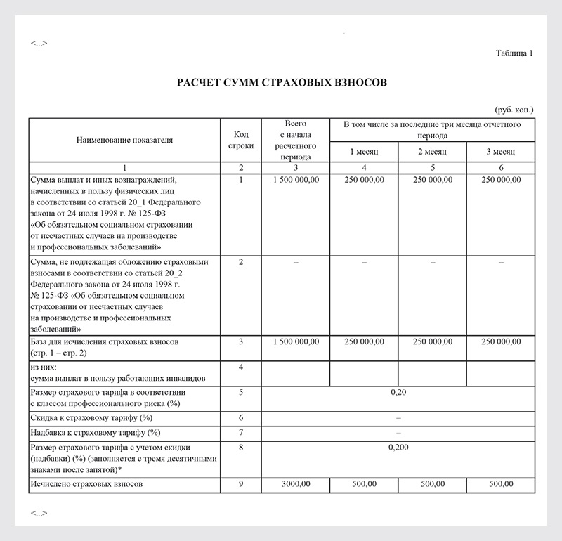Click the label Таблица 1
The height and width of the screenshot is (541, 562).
pos(514,53)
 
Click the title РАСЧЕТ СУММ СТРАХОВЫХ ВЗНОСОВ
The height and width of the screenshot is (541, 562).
pos(282,83)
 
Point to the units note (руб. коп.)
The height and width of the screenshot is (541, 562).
pos(514,110)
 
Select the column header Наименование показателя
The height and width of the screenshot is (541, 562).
pos(124,140)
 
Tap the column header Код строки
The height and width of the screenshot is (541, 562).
pos(241,140)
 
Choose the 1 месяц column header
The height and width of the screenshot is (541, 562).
pos(364,152)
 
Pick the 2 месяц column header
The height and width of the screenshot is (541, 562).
pos(432,152)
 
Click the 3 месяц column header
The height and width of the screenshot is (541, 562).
pos(501,152)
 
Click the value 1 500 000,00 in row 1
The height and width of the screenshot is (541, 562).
pos(295,181)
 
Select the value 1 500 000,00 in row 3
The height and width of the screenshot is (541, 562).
pos(295,341)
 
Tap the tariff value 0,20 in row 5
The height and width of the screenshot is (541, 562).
pos(398,392)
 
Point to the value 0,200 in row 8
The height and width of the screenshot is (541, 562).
pos(398,447)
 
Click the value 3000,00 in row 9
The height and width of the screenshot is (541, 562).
pos(295,485)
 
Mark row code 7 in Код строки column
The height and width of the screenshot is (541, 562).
pos(241,431)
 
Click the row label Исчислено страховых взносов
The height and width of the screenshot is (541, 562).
pos(87,485)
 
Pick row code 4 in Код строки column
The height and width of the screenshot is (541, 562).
pos(241,367)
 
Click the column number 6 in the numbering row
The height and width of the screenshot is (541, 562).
pos(501,168)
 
